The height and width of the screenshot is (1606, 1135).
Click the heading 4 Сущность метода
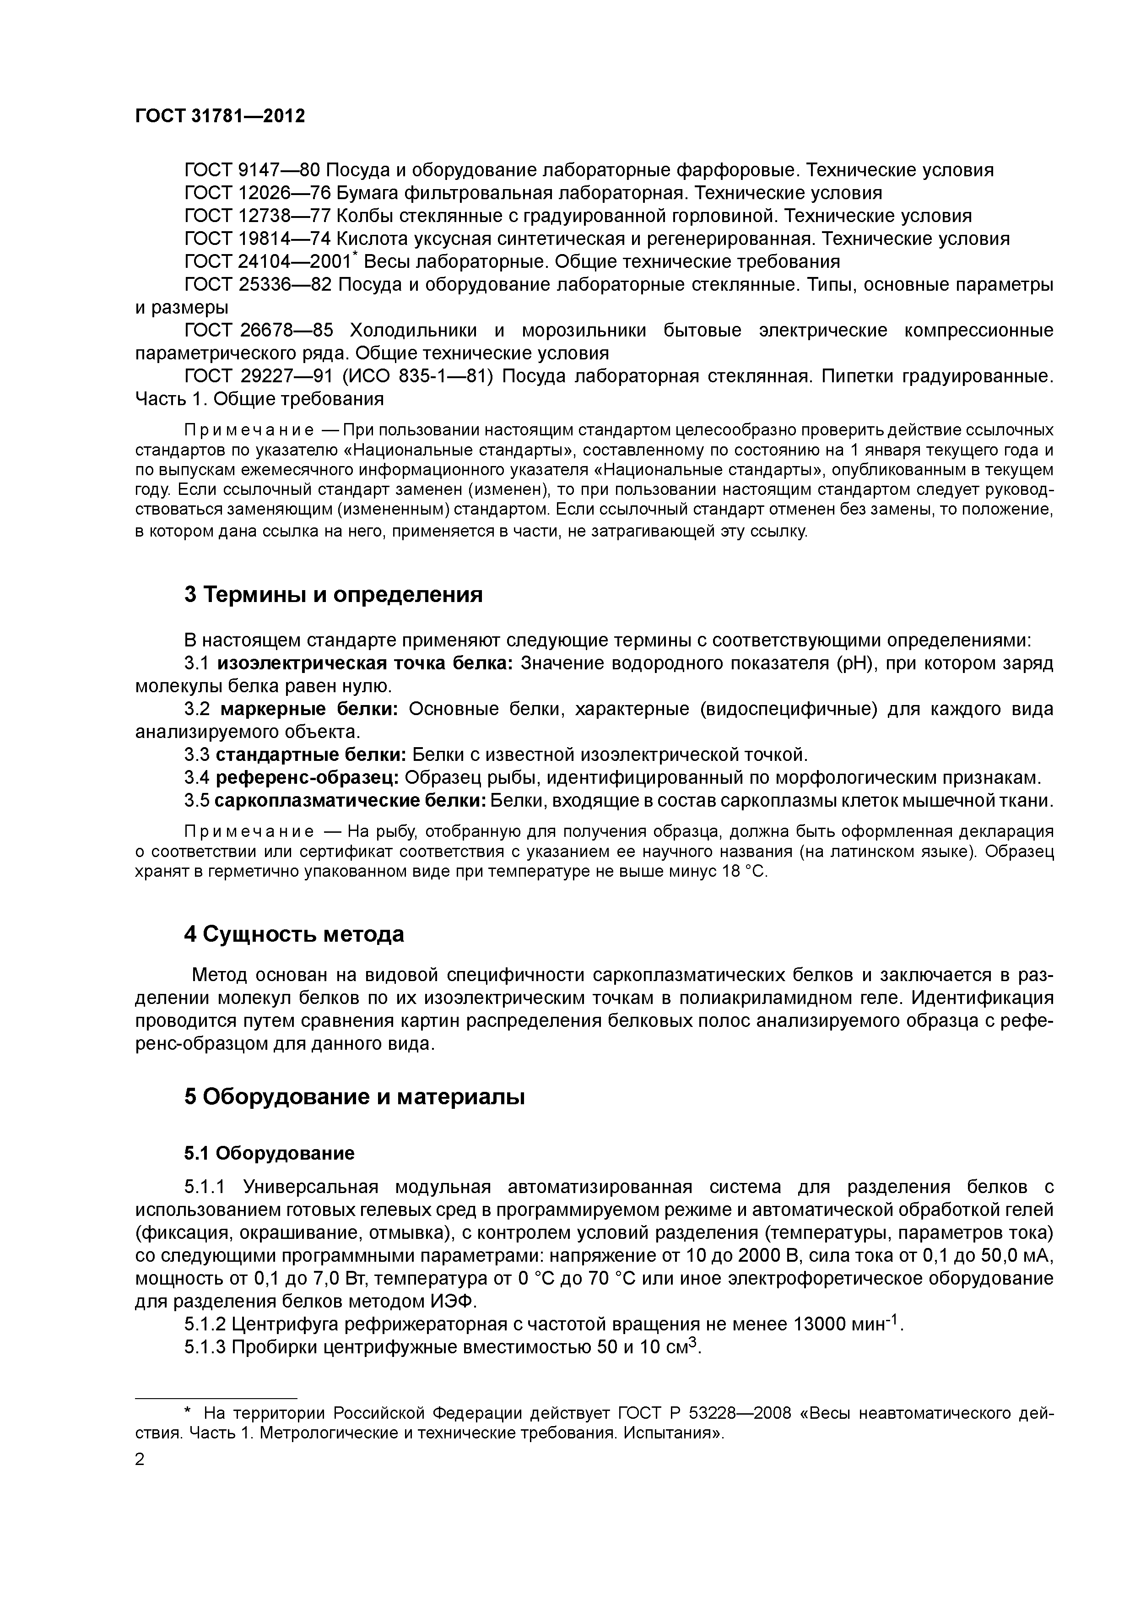(x=294, y=934)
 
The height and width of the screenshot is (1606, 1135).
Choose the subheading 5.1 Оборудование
(x=269, y=1153)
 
